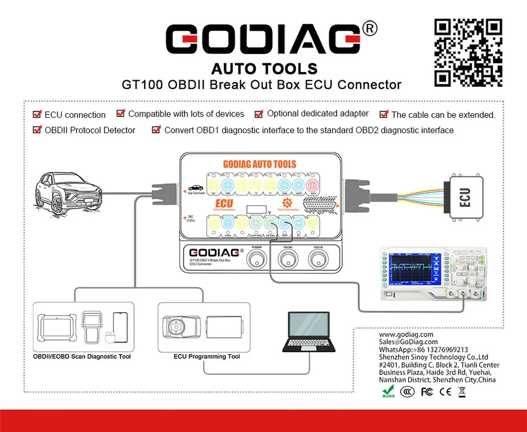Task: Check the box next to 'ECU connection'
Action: tap(37, 114)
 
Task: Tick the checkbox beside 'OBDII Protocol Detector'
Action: tap(37, 130)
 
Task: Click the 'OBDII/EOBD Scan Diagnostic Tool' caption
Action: tap(82, 356)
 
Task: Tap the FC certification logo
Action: tap(427, 392)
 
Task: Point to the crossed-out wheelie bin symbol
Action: tap(461, 392)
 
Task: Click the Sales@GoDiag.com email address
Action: tap(408, 342)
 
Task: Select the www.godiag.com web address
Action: tap(406, 334)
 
